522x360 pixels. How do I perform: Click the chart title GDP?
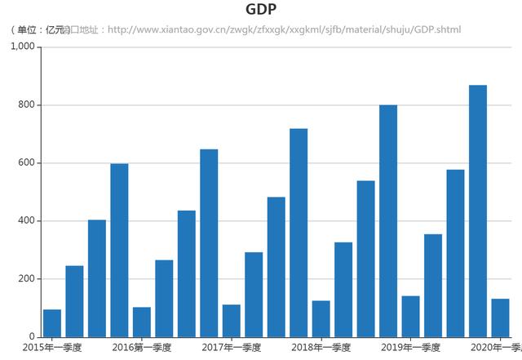261,10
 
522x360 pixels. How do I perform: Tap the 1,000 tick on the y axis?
22,47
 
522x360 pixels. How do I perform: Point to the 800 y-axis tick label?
26,105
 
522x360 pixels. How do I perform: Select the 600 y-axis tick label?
26,163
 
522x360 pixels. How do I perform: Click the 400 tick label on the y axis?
26,221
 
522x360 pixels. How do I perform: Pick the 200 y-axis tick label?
26,279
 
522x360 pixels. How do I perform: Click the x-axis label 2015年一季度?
52,348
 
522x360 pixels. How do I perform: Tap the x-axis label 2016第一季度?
142,348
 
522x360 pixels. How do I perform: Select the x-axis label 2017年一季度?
232,348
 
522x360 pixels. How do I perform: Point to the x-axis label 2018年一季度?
321,348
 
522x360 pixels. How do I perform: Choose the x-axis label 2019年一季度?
410,348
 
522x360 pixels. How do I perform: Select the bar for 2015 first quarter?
52,322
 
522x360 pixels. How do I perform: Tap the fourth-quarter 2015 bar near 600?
119,250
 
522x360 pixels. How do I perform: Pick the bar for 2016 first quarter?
142,322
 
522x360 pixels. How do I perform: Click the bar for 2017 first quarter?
232,320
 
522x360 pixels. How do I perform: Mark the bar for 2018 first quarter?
321,318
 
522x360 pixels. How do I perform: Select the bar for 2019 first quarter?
410,316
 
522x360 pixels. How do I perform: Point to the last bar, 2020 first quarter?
500,318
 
